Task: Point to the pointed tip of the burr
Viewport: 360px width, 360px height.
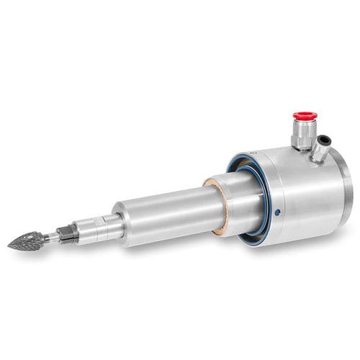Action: tap(9, 246)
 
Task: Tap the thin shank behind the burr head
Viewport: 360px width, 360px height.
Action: tap(50, 235)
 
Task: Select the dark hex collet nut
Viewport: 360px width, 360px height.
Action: tap(67, 233)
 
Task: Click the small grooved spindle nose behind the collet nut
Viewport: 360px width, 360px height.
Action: tap(94, 227)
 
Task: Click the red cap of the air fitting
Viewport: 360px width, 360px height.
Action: tap(304, 115)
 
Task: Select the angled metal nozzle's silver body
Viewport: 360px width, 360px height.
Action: tap(320, 149)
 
